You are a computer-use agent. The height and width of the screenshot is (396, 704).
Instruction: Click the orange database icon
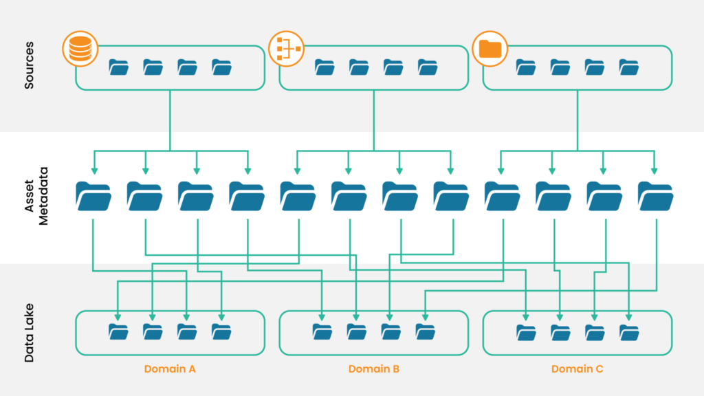(x=80, y=48)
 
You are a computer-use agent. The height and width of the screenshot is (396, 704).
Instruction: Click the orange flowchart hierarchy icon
(x=285, y=48)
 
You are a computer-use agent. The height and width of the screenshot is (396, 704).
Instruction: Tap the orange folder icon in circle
(x=489, y=48)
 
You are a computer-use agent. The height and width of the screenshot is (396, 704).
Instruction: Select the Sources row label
(x=30, y=67)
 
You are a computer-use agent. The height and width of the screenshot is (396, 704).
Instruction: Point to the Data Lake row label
(x=30, y=333)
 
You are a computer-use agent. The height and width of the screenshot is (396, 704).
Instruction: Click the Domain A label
(x=170, y=369)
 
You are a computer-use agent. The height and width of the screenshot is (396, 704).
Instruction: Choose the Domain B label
(x=374, y=369)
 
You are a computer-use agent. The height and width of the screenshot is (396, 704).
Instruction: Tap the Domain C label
(x=577, y=369)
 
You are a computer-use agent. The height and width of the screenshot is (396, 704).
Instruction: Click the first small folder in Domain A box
(x=118, y=332)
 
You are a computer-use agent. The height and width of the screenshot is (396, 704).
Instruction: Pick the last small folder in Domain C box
(x=628, y=332)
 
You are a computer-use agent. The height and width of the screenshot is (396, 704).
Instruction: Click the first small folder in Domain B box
(x=322, y=332)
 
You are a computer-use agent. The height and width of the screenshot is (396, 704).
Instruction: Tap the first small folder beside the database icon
(x=118, y=67)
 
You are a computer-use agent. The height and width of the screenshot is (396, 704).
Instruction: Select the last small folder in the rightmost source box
(x=628, y=67)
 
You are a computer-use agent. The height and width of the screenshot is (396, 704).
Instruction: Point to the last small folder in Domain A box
(x=221, y=332)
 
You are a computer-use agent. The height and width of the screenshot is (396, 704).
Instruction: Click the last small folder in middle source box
(x=427, y=67)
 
